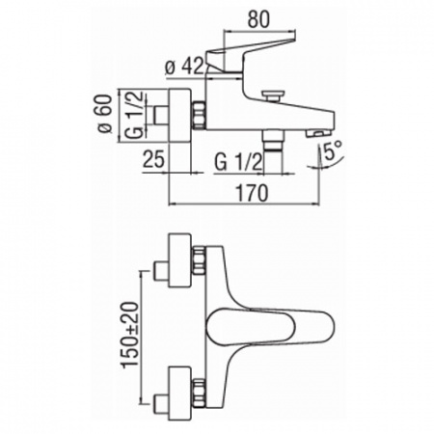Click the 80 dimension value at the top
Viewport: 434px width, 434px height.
coord(258,20)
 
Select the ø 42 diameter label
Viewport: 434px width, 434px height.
coord(184,68)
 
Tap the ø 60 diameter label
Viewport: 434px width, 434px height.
coord(106,114)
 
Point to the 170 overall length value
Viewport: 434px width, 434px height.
coord(252,193)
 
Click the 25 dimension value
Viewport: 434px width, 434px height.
coord(153,159)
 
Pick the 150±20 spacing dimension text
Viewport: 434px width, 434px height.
coord(130,334)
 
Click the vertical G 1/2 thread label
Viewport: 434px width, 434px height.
coord(134,115)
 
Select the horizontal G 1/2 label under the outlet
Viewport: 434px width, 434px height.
coord(238,163)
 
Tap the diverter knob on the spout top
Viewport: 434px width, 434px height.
coord(273,96)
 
